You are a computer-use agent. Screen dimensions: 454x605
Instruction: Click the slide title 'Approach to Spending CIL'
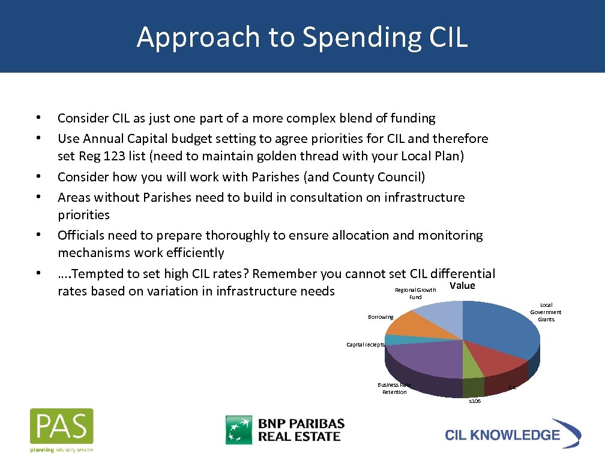coord(302,37)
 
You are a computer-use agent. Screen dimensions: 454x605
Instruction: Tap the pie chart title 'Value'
coord(462,286)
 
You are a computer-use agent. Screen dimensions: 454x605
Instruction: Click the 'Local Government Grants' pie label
coord(546,312)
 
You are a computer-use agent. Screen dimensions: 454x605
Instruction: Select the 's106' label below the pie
coord(474,401)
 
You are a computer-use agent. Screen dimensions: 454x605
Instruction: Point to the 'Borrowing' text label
coord(381,317)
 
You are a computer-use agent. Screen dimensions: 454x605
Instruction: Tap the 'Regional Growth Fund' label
coord(415,294)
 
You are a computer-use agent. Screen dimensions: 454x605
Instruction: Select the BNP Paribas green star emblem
coord(238,429)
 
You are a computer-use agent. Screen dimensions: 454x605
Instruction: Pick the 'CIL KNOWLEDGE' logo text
coord(502,435)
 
